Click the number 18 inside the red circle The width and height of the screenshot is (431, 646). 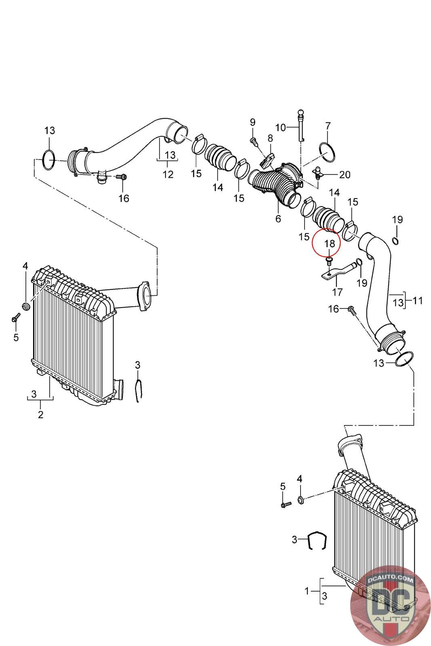click(330, 244)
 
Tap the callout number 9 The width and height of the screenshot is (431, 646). click(252, 122)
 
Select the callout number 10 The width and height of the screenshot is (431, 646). click(280, 127)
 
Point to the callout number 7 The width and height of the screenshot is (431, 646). click(328, 126)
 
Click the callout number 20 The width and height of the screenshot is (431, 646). click(345, 174)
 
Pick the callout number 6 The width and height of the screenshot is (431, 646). click(278, 218)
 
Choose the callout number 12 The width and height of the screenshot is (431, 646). click(168, 174)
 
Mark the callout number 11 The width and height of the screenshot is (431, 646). click(417, 301)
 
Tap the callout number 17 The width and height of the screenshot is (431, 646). click(337, 292)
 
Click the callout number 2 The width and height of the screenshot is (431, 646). click(40, 414)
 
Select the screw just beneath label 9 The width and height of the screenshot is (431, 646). click(253, 141)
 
